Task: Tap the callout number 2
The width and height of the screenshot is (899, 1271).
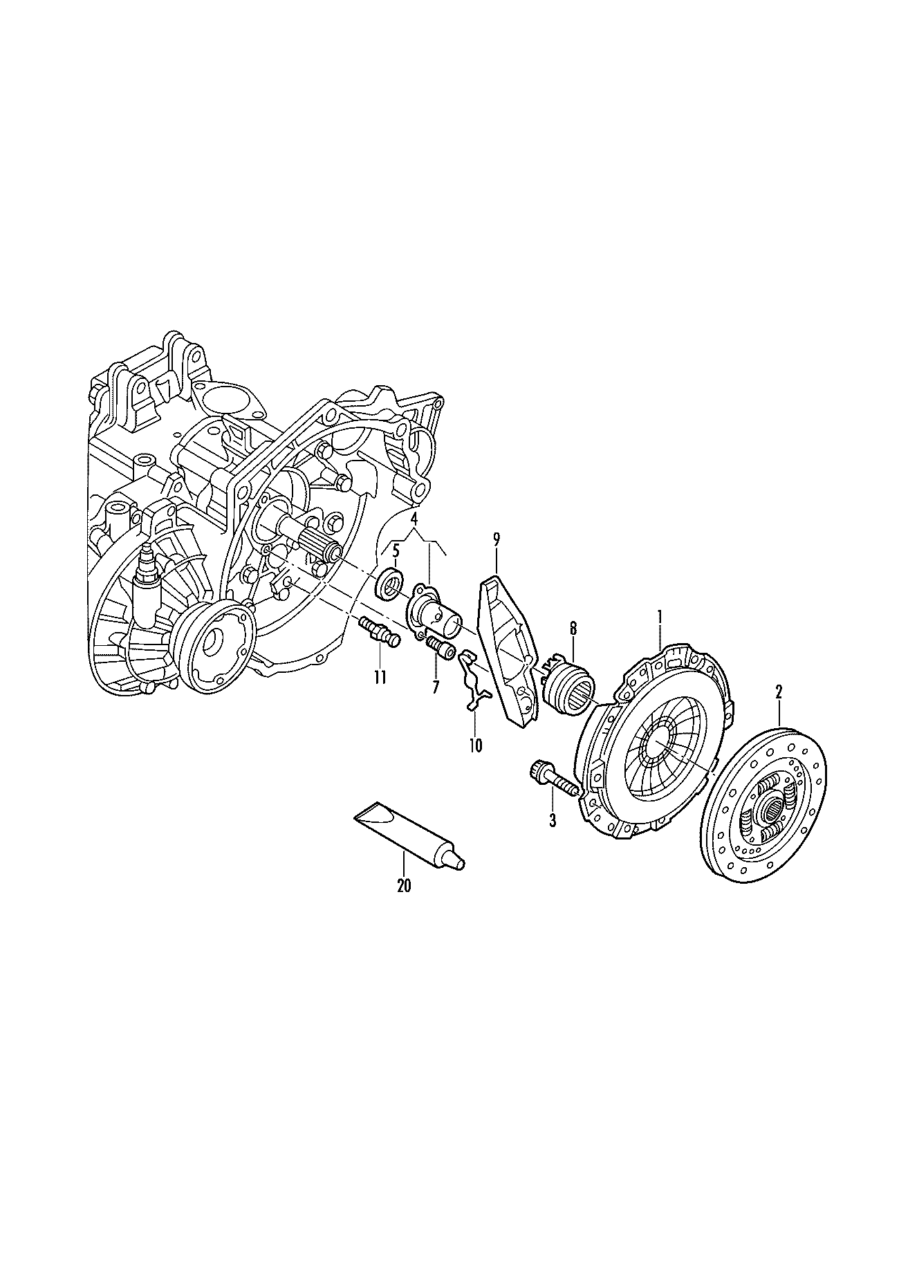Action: click(779, 691)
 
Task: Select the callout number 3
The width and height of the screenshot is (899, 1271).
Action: click(552, 821)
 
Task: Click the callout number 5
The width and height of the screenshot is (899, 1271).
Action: click(396, 551)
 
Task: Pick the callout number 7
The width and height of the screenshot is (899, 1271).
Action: click(435, 688)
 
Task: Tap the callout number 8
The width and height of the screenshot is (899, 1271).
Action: click(573, 629)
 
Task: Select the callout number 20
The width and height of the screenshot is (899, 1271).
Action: click(404, 885)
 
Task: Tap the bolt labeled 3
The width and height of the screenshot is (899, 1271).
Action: click(554, 779)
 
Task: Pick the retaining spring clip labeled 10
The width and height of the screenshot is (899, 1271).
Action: click(474, 680)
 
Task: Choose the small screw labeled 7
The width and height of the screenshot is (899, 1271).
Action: click(439, 647)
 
